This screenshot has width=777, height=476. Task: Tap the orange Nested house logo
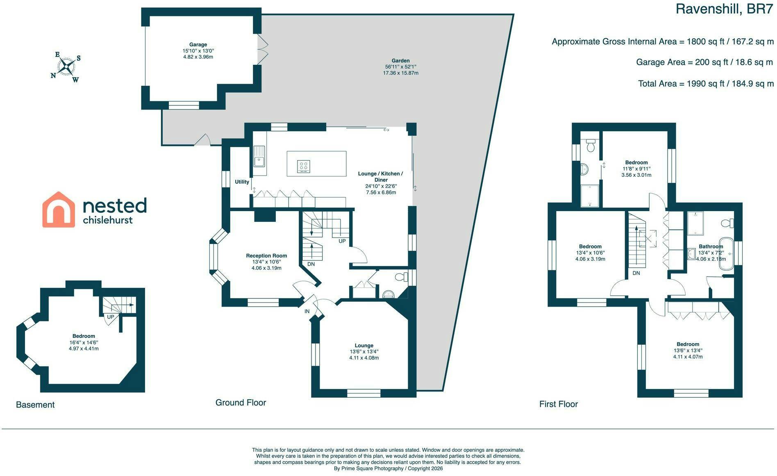[59, 210]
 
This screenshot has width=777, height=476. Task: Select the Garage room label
[198, 45]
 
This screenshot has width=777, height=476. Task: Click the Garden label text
[400, 61]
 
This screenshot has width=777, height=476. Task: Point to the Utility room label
[242, 182]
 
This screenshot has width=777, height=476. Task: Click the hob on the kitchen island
[304, 166]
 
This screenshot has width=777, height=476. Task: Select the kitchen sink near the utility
[259, 162]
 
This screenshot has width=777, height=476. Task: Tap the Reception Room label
[266, 256]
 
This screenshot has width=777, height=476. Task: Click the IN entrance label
[307, 312]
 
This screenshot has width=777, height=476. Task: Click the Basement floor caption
[35, 405]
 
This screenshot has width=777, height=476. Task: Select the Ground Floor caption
[241, 403]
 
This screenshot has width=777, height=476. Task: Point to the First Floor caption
[559, 404]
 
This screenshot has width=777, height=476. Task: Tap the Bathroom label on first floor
[711, 247]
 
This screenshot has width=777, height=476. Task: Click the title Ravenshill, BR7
[724, 9]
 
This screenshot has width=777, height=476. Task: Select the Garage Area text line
[704, 62]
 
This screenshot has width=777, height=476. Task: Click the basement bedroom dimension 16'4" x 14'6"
[84, 342]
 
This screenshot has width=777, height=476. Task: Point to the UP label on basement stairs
[110, 317]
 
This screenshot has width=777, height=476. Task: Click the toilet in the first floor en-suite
[591, 145]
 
